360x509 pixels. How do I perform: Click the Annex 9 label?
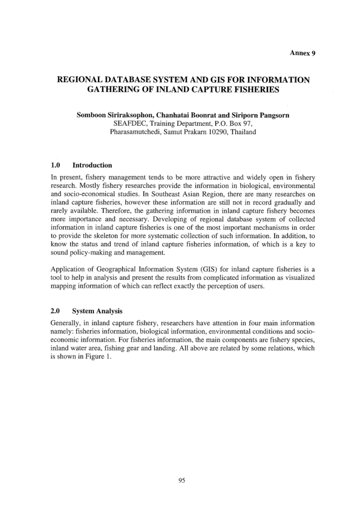(303, 53)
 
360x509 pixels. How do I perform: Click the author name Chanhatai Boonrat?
(195, 114)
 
